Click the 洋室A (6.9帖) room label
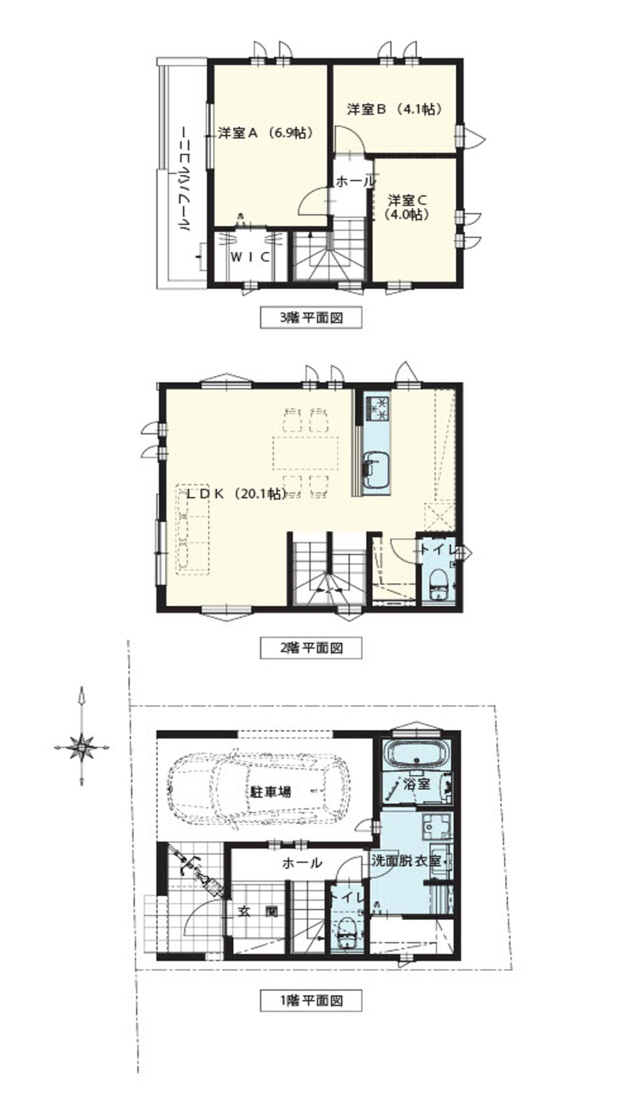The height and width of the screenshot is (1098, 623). click(265, 133)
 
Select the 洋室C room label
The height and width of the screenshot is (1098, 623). click(408, 207)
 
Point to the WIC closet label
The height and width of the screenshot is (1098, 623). click(250, 257)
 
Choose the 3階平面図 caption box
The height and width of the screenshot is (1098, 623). click(311, 318)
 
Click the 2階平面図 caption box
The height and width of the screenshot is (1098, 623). click(311, 648)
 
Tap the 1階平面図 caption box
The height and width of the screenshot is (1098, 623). click(311, 1001)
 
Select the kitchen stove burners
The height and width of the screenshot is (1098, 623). click(377, 408)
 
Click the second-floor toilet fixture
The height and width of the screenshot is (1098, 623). click(438, 584)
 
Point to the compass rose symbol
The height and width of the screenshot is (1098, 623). click(82, 746)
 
